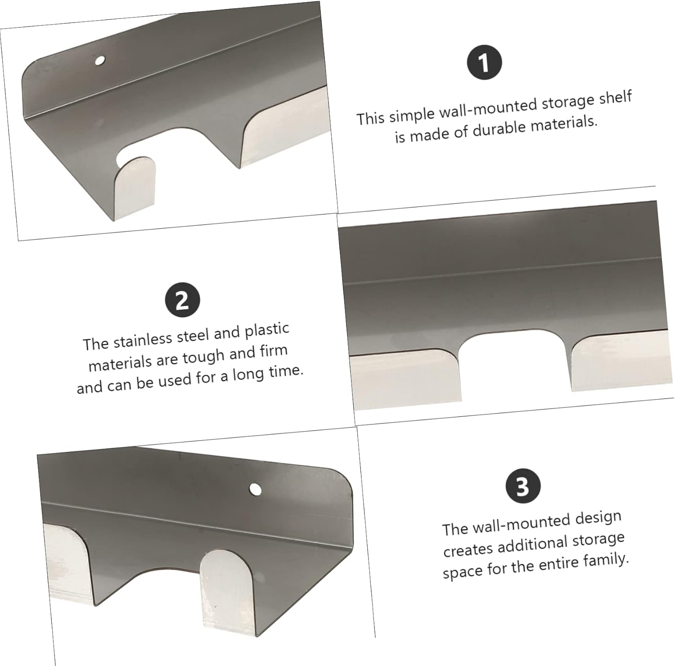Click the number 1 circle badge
pyautogui.click(x=484, y=63)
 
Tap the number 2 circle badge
pyautogui.click(x=182, y=300)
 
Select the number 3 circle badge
pyautogui.click(x=522, y=486)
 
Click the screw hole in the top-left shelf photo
pyautogui.click(x=99, y=60)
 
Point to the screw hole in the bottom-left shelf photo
pyautogui.click(x=255, y=489)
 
